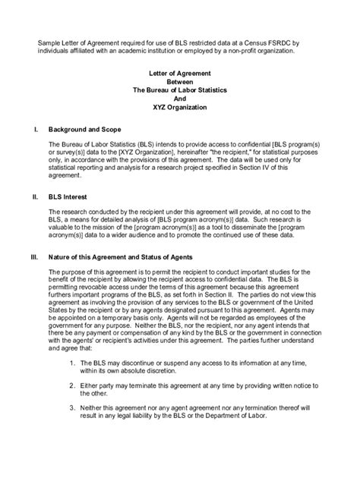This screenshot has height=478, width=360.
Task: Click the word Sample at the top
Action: point(50,42)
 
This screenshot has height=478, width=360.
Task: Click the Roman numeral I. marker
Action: point(36,130)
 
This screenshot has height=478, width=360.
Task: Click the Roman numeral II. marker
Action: point(35,196)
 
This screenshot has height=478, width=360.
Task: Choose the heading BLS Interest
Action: point(69,196)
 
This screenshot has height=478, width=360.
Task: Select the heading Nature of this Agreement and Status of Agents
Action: point(130,256)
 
